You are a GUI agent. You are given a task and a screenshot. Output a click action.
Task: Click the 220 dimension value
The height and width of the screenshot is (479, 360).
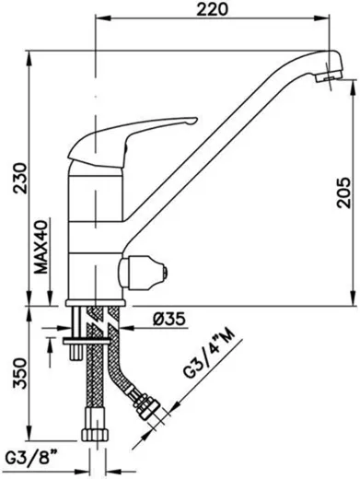click(x=213, y=9)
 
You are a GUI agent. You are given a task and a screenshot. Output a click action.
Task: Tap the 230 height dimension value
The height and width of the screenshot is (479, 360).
click(x=20, y=178)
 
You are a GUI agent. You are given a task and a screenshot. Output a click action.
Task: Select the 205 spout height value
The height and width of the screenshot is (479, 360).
click(x=343, y=193)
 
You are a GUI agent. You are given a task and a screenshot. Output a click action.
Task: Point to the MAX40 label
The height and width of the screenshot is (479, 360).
click(x=41, y=247)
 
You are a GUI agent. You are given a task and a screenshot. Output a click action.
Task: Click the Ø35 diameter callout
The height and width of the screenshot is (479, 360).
click(x=169, y=320)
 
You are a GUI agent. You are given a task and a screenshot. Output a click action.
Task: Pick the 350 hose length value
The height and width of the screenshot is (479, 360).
click(x=20, y=373)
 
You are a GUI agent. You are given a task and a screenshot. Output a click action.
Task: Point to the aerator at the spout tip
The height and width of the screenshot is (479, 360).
click(x=329, y=76)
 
